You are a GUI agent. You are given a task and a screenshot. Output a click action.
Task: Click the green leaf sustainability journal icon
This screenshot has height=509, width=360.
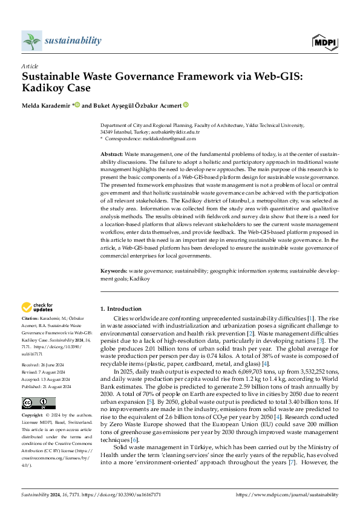click(x=31, y=41)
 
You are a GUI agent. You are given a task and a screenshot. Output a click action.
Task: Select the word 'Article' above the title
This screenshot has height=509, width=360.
click(x=30, y=65)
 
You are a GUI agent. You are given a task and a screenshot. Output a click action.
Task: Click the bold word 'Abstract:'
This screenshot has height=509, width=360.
click(x=113, y=155)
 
